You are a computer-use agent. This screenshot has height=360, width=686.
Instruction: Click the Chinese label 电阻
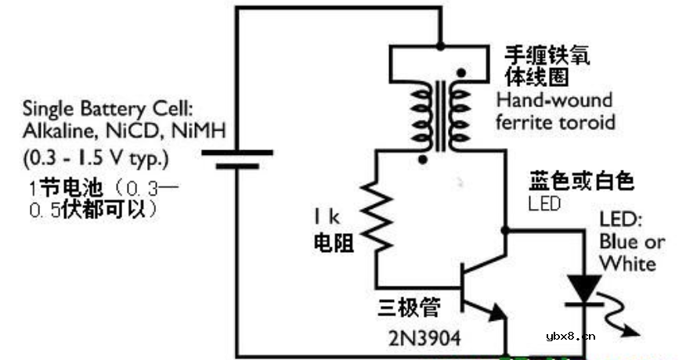click(x=327, y=243)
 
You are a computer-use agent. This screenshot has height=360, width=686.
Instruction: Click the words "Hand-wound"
click(x=554, y=101)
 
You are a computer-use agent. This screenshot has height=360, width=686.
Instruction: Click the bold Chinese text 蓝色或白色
click(x=581, y=182)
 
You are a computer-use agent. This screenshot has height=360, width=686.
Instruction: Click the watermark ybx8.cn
click(x=572, y=337)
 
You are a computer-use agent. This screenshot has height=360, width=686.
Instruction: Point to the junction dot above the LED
click(x=505, y=231)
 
